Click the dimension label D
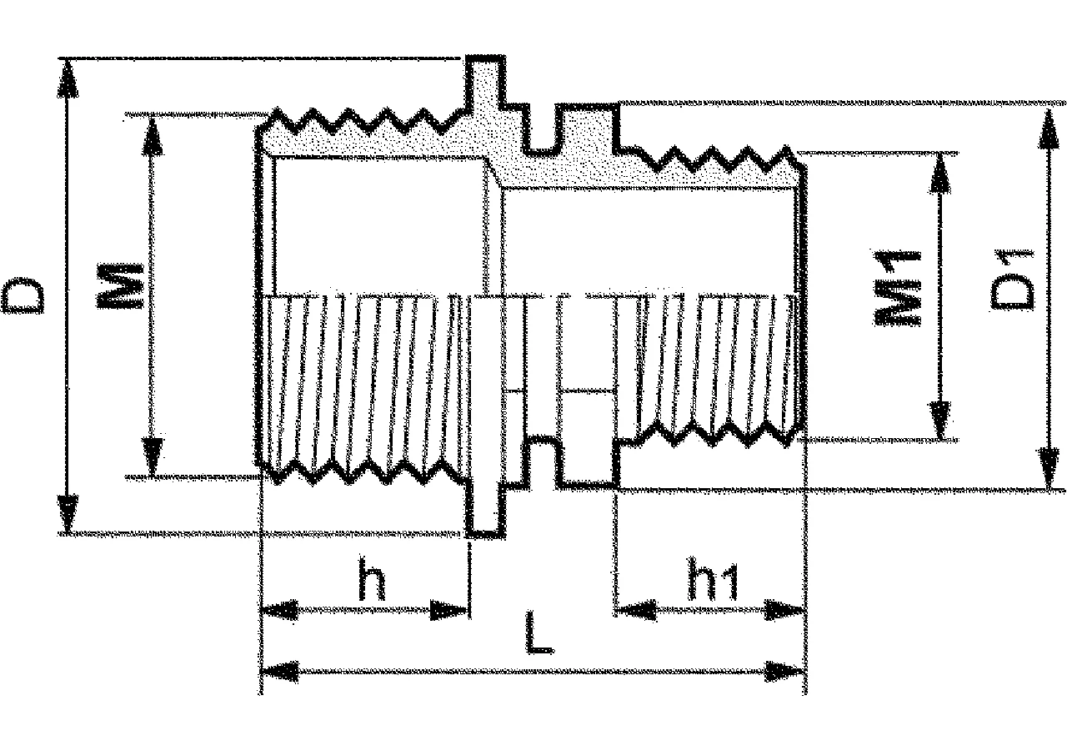coord(24,295)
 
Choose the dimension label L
coord(539,633)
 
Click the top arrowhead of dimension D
coord(68,78)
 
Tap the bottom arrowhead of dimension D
coord(68,513)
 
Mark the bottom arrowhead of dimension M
coord(152,456)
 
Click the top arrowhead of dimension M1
coord(939,174)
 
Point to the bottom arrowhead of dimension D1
coord(1049,468)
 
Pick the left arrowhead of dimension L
coord(280,672)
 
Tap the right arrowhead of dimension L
coord(785,672)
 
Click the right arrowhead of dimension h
coord(448,610)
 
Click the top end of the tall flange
coord(485,58)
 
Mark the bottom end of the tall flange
coord(485,535)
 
